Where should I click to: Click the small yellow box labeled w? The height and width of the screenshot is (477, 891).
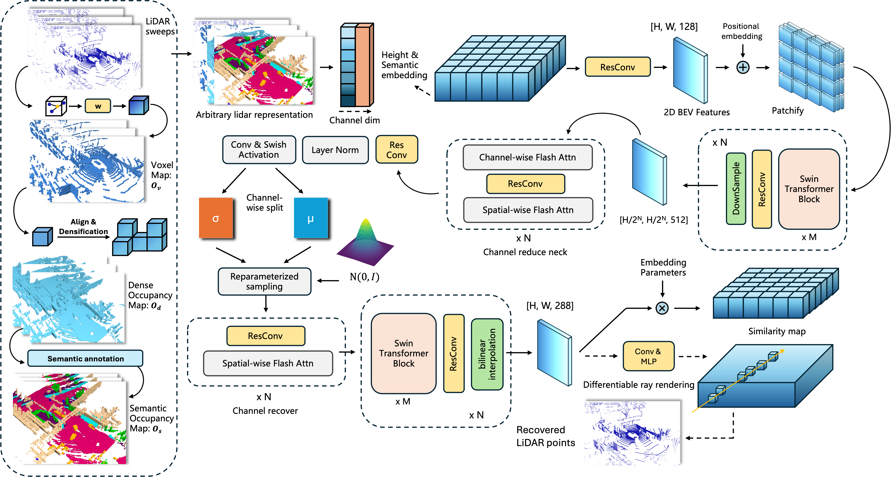click(98, 106)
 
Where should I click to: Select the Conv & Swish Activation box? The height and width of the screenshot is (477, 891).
click(259, 150)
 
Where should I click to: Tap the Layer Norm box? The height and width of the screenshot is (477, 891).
click(335, 150)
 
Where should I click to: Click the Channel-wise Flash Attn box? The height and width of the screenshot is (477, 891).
click(528, 158)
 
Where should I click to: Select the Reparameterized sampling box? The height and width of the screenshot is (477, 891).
click(264, 281)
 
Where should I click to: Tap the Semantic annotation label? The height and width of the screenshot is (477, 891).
click(85, 359)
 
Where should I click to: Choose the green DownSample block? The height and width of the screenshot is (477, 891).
click(736, 189)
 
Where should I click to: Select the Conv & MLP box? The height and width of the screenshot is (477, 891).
click(648, 356)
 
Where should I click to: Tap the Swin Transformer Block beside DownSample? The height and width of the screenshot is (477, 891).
click(809, 189)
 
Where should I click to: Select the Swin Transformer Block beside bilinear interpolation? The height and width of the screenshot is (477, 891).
click(403, 353)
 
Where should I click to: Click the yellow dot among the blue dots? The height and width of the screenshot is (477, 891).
click(57, 106)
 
